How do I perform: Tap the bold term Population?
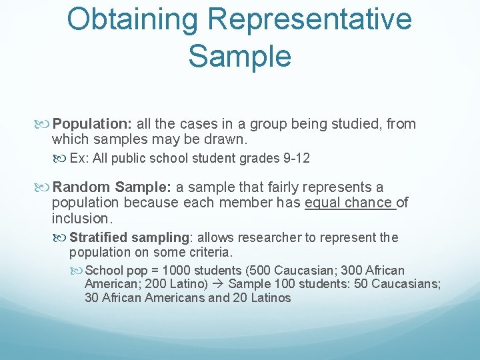coord(94,124)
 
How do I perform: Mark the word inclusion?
coord(80,219)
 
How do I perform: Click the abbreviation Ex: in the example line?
coord(78,159)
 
